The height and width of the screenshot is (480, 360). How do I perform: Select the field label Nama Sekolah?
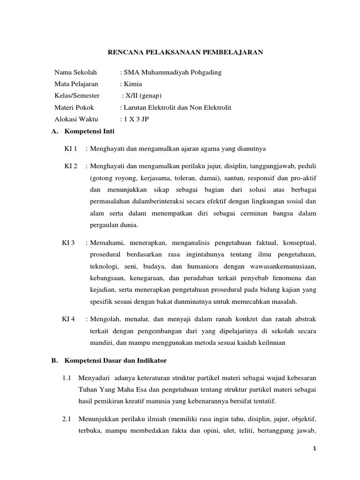click(75, 72)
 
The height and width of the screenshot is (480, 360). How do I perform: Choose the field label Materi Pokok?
click(74, 107)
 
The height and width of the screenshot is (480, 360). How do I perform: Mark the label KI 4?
click(68, 319)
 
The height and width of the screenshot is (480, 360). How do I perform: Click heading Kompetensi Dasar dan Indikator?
click(115, 360)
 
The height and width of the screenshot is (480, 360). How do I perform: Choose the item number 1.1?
click(66, 378)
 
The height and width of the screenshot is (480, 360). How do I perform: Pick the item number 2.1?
click(66, 420)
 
